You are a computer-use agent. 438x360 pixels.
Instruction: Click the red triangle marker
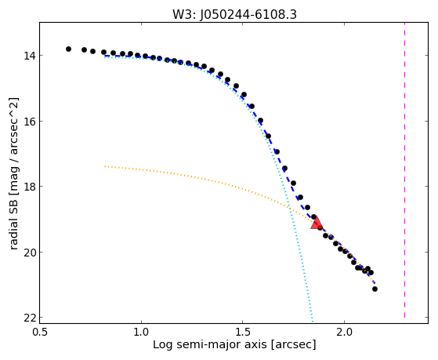(317, 223)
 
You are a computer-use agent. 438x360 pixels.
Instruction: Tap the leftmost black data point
(68, 49)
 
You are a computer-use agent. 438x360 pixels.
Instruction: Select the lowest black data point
(375, 289)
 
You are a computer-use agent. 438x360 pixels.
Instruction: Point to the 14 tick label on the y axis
(29, 56)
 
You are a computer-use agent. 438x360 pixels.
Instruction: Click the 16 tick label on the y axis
(29, 121)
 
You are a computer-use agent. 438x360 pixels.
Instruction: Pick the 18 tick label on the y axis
(29, 187)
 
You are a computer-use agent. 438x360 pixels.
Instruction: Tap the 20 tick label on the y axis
(29, 252)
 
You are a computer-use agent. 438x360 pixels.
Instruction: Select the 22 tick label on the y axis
(29, 318)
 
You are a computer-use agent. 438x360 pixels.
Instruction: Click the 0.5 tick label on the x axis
(40, 332)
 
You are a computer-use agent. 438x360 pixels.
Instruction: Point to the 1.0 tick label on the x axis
(141, 332)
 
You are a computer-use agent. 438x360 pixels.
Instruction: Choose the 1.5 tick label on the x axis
(243, 332)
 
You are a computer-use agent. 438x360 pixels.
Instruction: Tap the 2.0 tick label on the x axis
(345, 332)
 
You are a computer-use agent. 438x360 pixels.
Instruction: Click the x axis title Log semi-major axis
(210, 345)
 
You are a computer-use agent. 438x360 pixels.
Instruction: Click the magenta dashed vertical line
(404, 170)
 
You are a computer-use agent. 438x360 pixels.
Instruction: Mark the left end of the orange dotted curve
(105, 166)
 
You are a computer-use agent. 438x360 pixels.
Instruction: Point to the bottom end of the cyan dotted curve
(313, 321)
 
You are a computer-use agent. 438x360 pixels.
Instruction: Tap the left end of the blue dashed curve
(105, 56)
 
